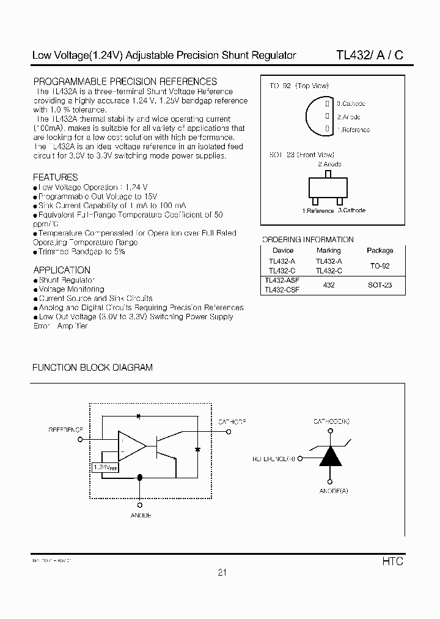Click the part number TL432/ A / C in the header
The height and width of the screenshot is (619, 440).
coord(369,55)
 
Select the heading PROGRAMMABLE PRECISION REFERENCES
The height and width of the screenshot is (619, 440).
coord(125,81)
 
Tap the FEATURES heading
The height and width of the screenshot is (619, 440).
coord(55,177)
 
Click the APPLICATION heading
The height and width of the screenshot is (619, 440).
coord(62,270)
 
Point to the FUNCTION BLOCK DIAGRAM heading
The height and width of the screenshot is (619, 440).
coord(92,368)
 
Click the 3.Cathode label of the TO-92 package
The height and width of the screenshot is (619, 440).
coord(352,104)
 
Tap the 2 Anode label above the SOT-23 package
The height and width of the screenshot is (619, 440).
coord(329,164)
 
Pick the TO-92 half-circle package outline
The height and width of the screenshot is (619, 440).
coord(318,116)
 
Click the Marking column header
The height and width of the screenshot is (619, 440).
coord(329,250)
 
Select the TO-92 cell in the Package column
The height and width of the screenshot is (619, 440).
coord(380,266)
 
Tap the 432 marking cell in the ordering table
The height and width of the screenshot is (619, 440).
coord(329,286)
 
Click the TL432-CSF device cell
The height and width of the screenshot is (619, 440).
coord(282,291)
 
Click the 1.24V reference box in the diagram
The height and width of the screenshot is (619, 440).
coord(105,467)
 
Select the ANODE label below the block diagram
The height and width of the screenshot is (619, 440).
coord(141,516)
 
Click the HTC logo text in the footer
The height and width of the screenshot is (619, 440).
coord(394,561)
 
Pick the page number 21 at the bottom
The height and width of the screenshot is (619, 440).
coord(222,573)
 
